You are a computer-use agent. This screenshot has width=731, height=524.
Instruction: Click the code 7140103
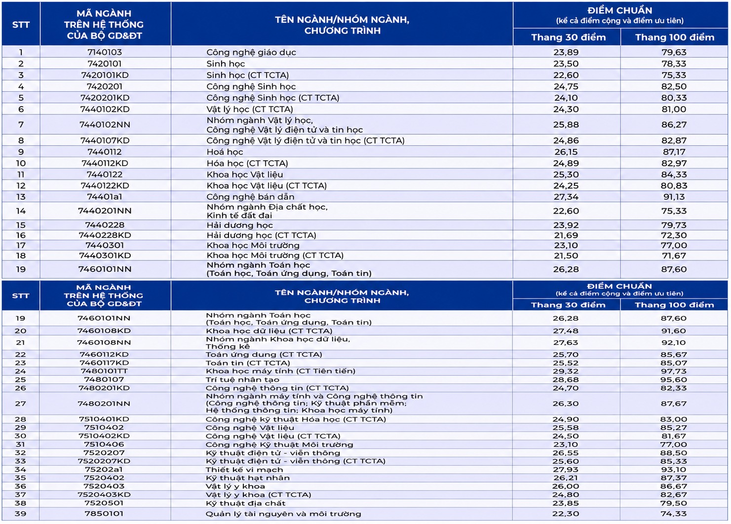click(x=105, y=52)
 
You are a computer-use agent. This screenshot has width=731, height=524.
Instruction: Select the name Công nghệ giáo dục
click(x=251, y=52)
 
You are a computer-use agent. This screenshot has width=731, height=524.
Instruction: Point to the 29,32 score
click(x=566, y=371)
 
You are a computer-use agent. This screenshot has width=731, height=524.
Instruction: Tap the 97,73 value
click(x=674, y=371)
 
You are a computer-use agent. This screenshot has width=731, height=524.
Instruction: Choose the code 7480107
click(x=104, y=379)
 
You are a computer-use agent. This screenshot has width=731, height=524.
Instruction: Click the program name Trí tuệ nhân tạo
click(x=242, y=380)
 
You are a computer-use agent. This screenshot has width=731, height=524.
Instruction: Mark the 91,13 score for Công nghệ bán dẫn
click(x=674, y=197)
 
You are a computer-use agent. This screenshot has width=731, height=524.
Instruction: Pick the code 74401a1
click(x=105, y=197)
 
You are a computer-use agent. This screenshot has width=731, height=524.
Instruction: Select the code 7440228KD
click(x=105, y=235)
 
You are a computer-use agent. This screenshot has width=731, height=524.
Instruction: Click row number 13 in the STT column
click(x=21, y=197)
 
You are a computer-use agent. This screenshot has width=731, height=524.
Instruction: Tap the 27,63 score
click(x=566, y=342)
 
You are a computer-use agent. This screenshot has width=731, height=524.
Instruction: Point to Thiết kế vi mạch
click(x=244, y=470)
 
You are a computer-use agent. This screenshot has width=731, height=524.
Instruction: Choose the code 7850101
click(x=104, y=514)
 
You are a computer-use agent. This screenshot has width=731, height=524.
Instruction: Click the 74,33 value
click(x=674, y=514)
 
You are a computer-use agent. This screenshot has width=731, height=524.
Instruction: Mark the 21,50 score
click(x=566, y=256)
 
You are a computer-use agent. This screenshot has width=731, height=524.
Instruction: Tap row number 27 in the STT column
click(x=20, y=404)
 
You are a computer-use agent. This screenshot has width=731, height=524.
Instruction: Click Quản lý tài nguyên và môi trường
click(x=283, y=514)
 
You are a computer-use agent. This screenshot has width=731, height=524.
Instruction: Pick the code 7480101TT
click(x=104, y=371)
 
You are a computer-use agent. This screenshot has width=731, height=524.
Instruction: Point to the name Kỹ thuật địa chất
click(x=245, y=503)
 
